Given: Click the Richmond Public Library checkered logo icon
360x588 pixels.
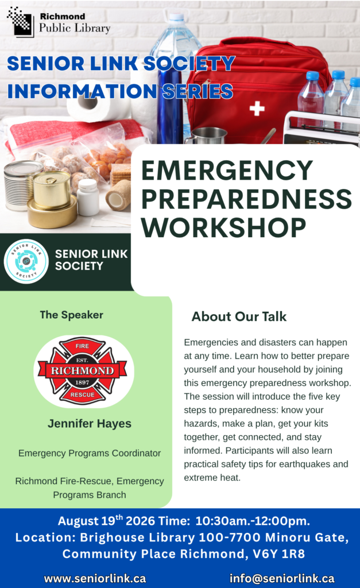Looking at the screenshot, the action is (21, 22).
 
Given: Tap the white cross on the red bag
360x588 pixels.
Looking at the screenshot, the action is (257, 109).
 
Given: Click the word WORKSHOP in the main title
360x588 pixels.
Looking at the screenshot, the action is (224, 227).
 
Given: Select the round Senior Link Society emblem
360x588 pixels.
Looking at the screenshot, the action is (26, 261).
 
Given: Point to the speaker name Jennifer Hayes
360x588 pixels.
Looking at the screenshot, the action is (90, 424).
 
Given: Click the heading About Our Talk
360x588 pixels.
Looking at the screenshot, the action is (239, 316).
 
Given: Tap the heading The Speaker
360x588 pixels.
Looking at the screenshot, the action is (72, 315).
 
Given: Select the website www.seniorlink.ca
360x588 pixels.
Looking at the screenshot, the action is (95, 578).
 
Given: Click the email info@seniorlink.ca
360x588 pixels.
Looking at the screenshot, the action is (282, 578).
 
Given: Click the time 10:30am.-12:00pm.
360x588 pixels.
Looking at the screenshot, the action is (253, 521).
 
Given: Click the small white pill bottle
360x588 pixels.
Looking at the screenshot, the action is (88, 198).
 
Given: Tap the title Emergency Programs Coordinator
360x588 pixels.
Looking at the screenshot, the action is (90, 454).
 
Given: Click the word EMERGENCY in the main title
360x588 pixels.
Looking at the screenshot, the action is (227, 170).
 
